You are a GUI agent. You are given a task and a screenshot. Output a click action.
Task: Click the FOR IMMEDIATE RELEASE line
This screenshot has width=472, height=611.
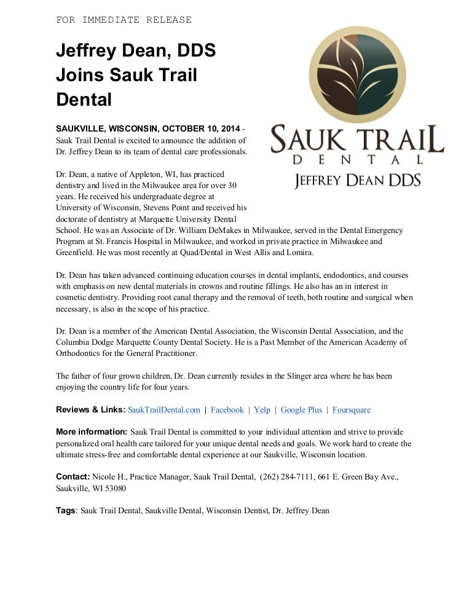124,20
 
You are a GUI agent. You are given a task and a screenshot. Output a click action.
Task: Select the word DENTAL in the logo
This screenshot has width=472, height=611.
357,159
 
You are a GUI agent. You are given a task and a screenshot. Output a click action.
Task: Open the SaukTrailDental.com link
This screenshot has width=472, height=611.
164,409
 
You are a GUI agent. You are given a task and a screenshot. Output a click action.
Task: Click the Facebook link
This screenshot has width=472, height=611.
227,409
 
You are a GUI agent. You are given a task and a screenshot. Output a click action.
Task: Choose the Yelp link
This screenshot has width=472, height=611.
262,409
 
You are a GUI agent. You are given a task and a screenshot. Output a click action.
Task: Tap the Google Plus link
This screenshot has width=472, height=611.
301,409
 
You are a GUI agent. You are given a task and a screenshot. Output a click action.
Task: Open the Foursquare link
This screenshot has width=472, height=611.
352,409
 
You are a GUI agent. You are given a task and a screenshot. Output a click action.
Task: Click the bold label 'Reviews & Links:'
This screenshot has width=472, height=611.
90,409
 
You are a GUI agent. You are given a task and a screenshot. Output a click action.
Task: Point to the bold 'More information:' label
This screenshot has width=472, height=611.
92,432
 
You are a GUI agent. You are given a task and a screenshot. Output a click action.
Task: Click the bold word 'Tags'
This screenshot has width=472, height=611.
66,510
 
